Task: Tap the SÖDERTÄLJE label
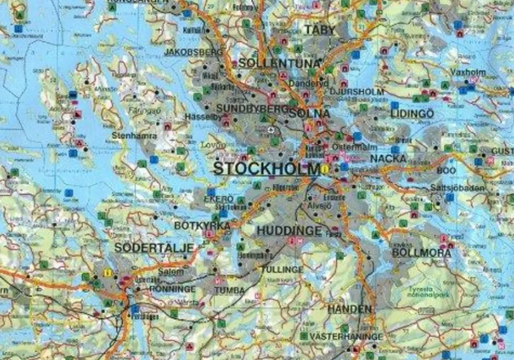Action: point(154,248)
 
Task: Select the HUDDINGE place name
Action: point(289,231)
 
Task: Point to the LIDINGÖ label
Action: point(412,114)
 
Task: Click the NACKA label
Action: point(388,158)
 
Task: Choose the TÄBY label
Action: point(319,30)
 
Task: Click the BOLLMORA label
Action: point(421,253)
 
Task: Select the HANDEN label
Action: point(350,309)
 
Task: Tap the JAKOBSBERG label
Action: point(194,52)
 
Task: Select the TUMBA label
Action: point(230,290)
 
